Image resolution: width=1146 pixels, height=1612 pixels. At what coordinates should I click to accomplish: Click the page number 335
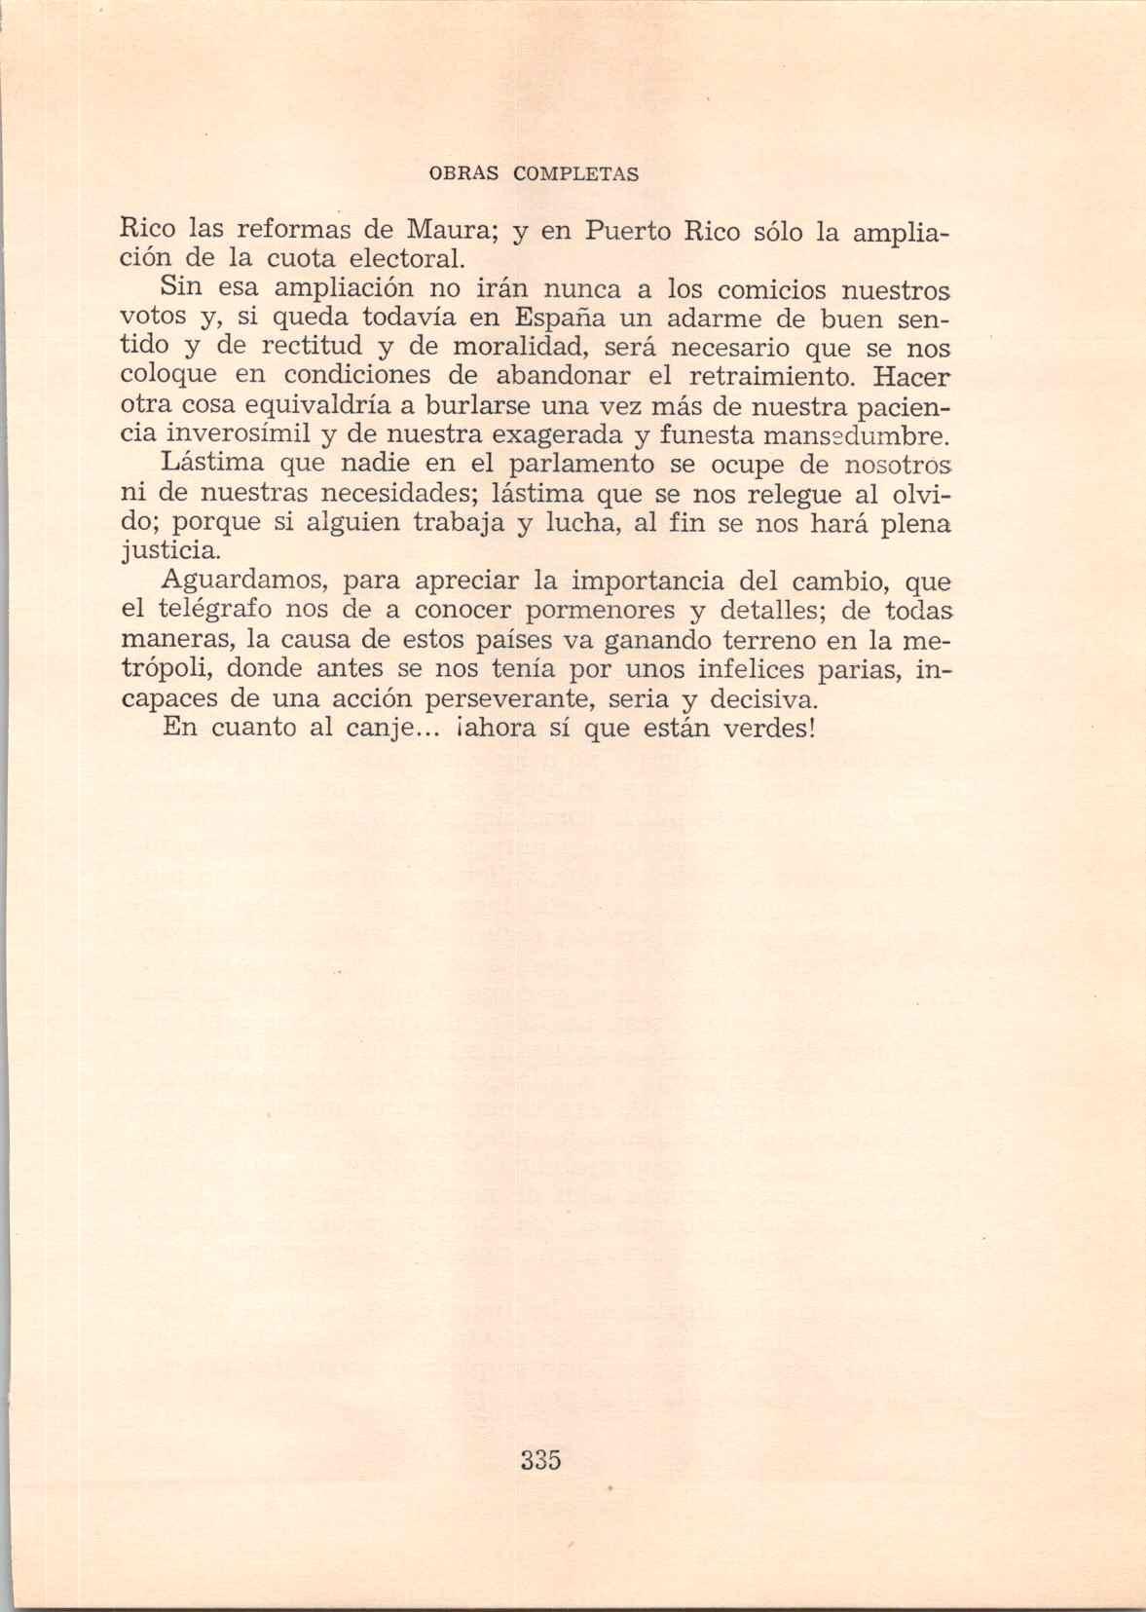[540, 1460]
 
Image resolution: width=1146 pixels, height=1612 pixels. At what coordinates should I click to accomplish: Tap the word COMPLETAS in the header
[576, 175]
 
